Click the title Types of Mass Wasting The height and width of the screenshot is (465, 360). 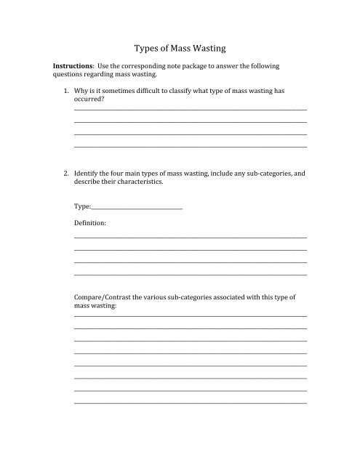click(x=180, y=49)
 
